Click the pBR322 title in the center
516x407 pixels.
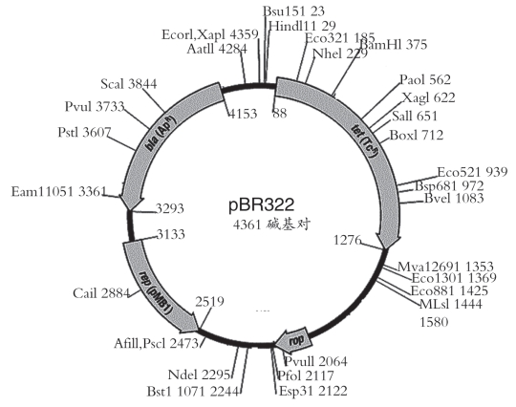coord(261,204)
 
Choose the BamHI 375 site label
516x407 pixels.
coord(394,44)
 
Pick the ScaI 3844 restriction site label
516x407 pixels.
coord(129,84)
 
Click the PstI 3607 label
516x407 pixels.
coord(84,132)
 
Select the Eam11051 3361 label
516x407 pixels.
coord(59,191)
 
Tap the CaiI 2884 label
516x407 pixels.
coord(101,292)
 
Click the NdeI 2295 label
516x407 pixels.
coord(199,375)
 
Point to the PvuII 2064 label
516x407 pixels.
coord(315,361)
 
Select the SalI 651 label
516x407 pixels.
coord(415,116)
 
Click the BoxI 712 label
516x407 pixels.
coord(417,135)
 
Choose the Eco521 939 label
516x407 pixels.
coord(472,172)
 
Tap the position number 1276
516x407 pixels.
coord(348,240)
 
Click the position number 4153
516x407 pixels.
coord(243,114)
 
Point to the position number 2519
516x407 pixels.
coord(209,301)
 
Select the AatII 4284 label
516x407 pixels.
coord(217,49)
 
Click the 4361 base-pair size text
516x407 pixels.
coord(271,225)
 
